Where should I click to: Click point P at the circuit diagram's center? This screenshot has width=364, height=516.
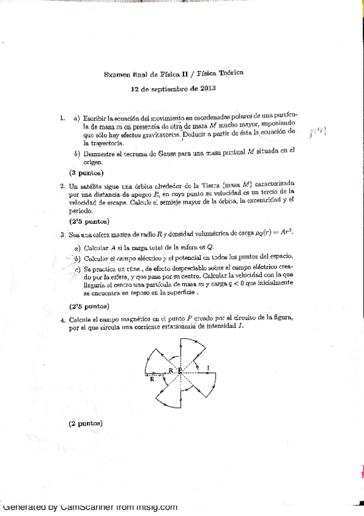point(180,371)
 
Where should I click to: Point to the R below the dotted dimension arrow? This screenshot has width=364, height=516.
point(151,380)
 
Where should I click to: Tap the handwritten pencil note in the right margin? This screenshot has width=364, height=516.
point(317,131)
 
